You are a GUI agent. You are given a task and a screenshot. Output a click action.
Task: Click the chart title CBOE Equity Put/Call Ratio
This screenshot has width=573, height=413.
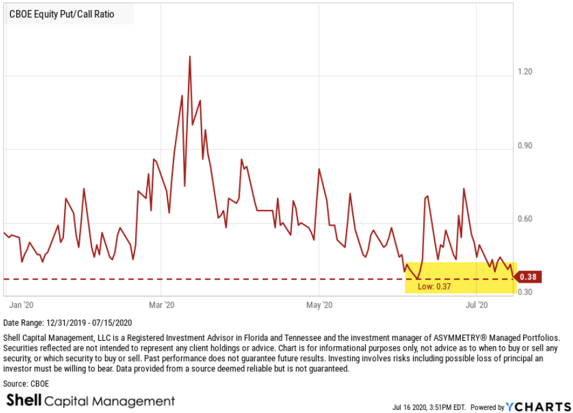click(62, 14)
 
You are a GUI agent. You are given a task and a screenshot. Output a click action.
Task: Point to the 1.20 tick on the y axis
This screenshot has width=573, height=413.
click(524, 72)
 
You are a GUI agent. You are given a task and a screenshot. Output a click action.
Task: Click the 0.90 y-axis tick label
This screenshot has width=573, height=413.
click(524, 146)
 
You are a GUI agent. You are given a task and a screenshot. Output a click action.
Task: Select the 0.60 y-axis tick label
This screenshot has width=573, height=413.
click(524, 220)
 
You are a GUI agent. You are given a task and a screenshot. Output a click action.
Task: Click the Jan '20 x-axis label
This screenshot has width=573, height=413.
click(22, 305)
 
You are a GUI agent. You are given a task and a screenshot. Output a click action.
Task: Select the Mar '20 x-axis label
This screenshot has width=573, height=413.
click(162, 305)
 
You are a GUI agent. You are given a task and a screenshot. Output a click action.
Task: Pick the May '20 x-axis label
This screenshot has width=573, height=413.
click(319, 305)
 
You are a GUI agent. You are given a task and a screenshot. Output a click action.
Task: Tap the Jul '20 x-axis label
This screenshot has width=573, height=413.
click(477, 305)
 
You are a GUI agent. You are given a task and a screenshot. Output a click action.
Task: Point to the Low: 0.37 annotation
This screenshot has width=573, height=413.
click(434, 286)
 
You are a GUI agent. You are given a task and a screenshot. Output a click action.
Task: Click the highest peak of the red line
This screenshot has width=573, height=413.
click(189, 57)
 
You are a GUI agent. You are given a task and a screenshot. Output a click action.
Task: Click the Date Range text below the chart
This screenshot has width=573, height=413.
click(67, 323)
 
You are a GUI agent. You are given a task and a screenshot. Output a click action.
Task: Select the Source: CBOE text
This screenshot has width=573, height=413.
click(26, 384)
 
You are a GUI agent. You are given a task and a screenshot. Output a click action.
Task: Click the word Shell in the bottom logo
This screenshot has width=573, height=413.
click(24, 401)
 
